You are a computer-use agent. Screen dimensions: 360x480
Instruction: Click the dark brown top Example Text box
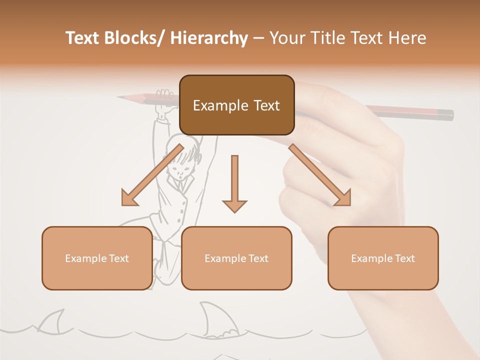236,105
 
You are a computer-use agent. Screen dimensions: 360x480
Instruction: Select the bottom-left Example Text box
97,258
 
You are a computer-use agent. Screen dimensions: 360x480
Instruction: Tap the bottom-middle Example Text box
236,258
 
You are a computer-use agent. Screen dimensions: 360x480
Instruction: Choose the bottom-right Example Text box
383,258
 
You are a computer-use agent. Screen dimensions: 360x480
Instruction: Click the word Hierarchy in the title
208,38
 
